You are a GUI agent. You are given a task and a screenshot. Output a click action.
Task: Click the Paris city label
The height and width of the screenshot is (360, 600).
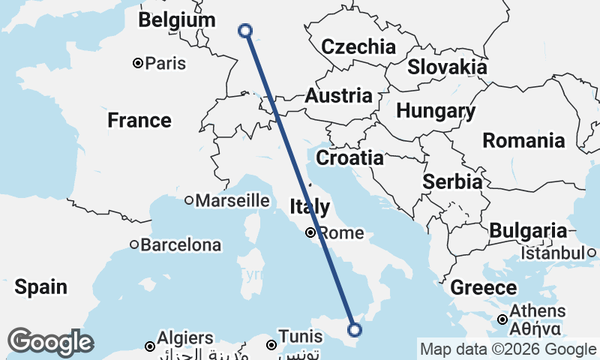pos(165,64)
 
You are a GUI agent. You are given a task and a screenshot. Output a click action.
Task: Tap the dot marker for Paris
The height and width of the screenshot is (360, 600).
pos(138,63)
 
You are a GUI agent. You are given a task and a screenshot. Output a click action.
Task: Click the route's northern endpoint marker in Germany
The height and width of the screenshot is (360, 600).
pos(244,31)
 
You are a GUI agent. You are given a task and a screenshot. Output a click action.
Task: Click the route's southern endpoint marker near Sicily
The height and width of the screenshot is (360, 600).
pos(355,329)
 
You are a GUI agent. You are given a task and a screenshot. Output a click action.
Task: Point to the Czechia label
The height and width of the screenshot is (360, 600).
pos(358,46)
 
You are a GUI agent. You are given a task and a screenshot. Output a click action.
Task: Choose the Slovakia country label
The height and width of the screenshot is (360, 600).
pos(447,67)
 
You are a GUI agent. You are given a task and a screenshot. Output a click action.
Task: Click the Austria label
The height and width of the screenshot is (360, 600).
pos(338,96)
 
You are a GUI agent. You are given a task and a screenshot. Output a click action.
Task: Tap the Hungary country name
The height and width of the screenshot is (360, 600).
pos(436,112)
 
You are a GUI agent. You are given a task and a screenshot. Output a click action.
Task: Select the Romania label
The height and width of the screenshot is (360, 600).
pos(523,140)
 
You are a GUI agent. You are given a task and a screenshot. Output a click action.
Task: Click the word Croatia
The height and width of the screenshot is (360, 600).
pos(349,158)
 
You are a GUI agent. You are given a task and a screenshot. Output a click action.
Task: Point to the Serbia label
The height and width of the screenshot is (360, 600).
pos(452,181)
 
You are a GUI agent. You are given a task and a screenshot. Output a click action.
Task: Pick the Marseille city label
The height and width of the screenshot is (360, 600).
pos(232,200)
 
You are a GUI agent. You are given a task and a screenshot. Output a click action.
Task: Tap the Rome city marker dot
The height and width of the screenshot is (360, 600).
pos(310,232)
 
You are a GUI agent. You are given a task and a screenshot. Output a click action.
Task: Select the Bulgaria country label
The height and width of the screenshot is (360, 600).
pos(529,231)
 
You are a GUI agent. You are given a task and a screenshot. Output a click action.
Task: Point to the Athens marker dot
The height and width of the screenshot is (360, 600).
pos(502,320)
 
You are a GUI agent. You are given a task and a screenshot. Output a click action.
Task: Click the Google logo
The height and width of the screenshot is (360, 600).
pos(50,342)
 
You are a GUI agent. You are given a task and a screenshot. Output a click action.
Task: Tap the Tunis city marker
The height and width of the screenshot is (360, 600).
pos(271,345)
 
